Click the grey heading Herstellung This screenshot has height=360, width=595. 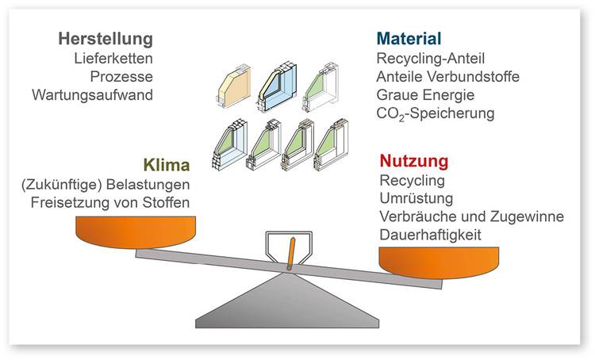click(x=105, y=39)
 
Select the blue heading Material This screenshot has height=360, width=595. click(x=409, y=39)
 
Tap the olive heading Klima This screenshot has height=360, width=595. click(x=167, y=166)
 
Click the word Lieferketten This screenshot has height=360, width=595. click(x=113, y=58)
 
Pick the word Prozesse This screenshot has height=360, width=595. click(x=123, y=76)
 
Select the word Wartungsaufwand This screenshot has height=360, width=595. click(x=92, y=95)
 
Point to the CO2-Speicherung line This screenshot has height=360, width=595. click(x=436, y=113)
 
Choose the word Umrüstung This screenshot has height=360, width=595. click(x=417, y=198)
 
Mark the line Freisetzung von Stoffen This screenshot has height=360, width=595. click(x=110, y=202)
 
